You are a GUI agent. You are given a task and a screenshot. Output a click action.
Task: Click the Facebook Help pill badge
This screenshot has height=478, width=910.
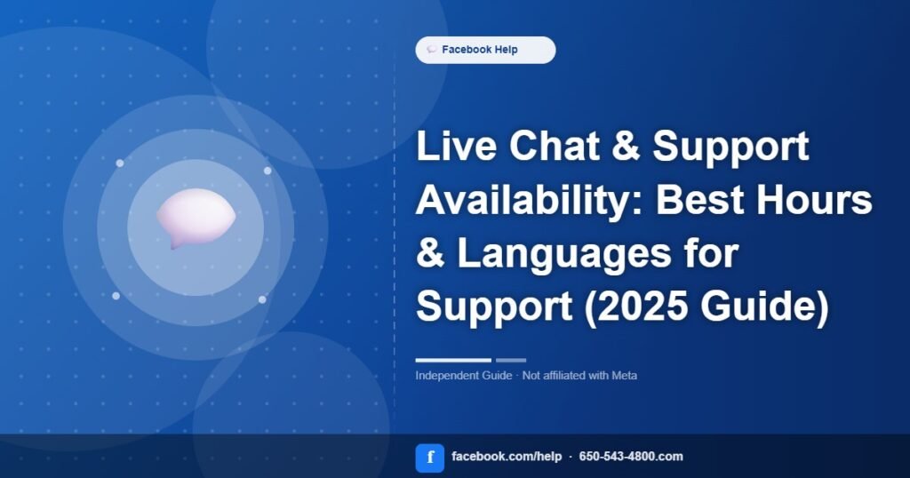click(x=485, y=50)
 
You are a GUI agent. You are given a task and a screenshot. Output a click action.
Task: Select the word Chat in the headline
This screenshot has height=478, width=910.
click(x=555, y=146)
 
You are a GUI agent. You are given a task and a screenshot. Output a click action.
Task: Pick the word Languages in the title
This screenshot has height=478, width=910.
click(x=563, y=253)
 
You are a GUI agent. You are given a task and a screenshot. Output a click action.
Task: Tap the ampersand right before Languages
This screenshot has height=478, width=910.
click(x=431, y=253)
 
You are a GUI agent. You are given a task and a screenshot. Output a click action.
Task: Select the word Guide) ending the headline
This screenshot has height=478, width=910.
click(x=764, y=307)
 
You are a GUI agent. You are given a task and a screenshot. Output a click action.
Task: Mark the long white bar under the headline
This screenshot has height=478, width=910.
click(x=453, y=360)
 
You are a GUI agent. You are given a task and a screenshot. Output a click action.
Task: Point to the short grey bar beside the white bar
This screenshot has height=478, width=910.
click(x=511, y=360)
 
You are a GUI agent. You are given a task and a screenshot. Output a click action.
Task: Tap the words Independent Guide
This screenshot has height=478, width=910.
click(x=464, y=376)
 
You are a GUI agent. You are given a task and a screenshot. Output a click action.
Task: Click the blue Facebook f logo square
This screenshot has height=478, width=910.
click(x=430, y=458)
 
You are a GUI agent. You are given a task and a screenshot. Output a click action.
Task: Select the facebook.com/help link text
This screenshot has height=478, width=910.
click(x=507, y=457)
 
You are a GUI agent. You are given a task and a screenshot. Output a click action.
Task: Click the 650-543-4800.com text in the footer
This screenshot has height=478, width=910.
click(x=631, y=457)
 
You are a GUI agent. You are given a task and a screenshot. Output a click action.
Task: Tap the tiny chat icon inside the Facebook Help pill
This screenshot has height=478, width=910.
click(x=432, y=49)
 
